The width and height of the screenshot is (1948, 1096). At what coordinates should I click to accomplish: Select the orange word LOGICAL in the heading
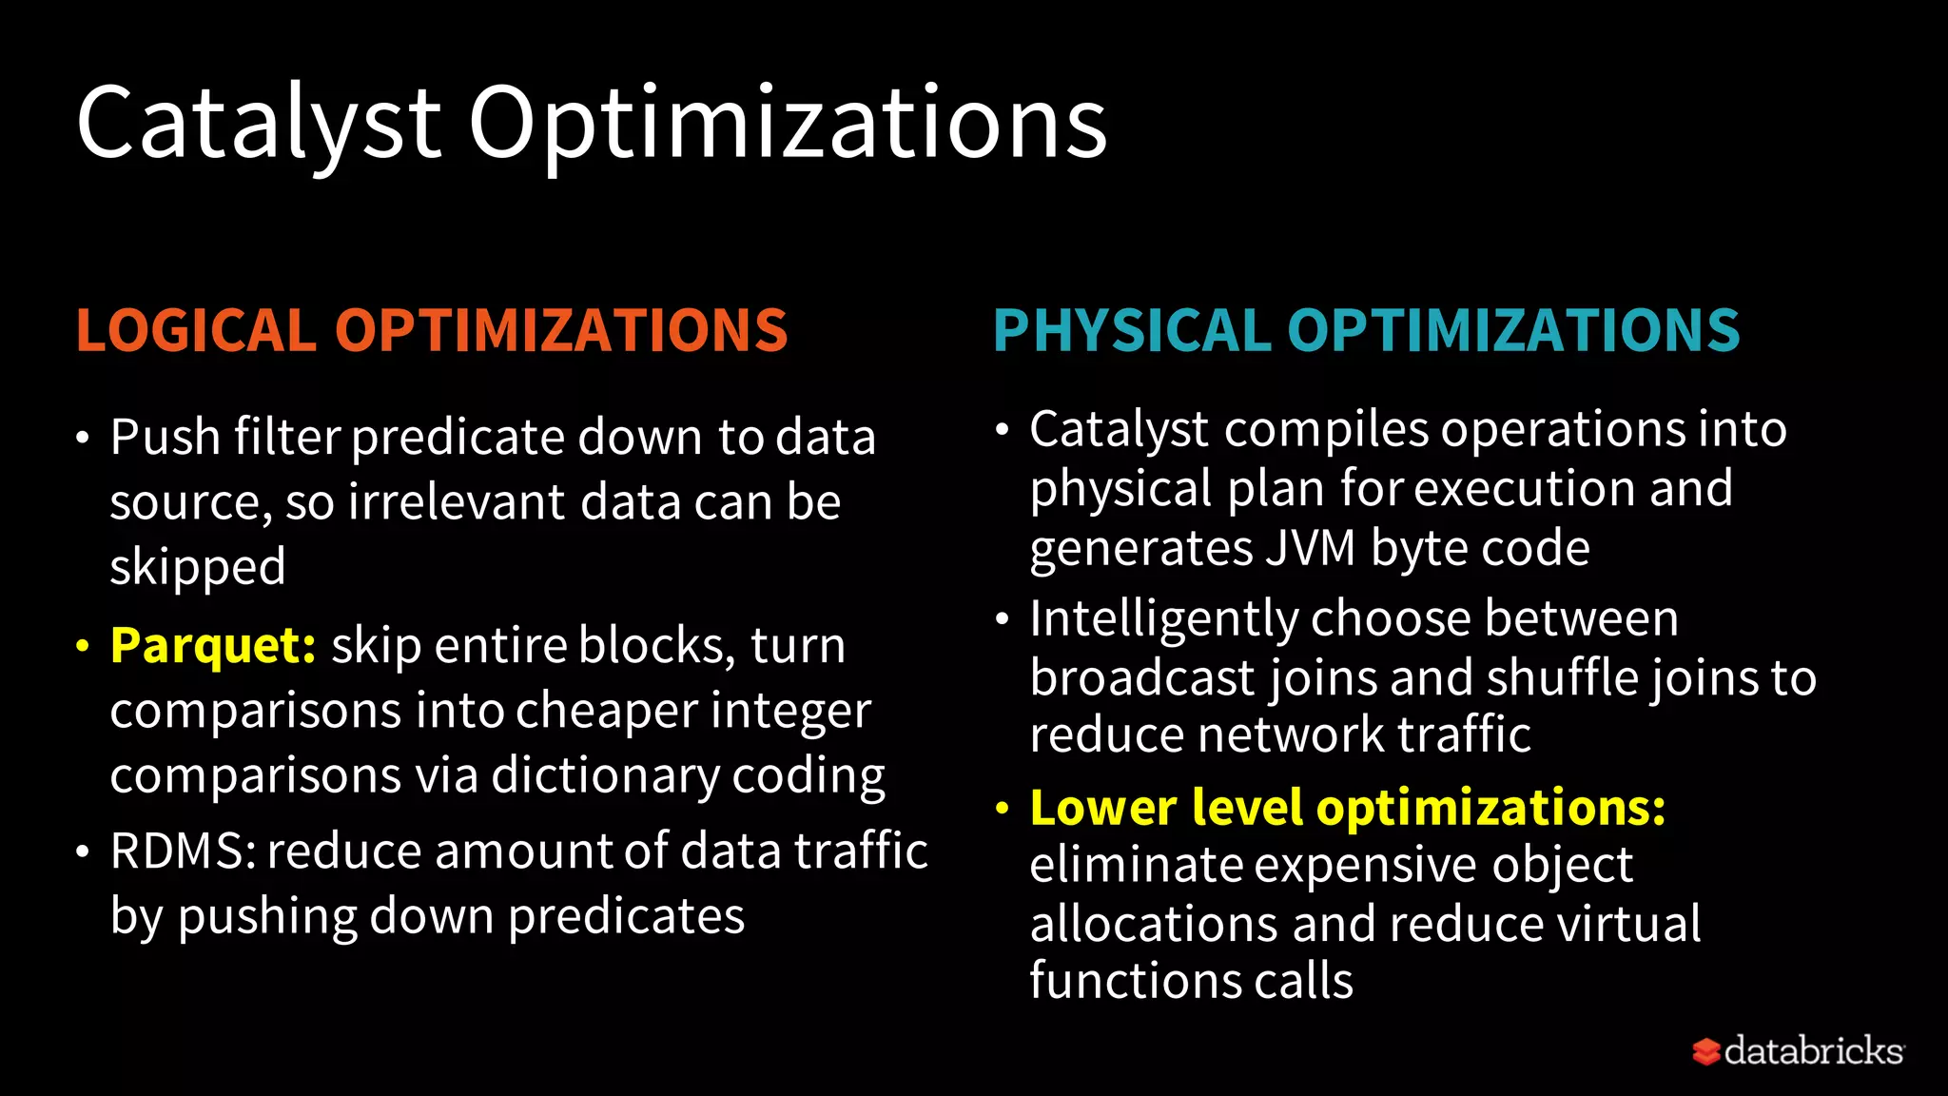[196, 330]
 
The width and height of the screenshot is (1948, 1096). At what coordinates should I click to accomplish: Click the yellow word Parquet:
[213, 646]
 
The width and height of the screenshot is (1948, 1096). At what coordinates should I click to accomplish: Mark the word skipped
[198, 568]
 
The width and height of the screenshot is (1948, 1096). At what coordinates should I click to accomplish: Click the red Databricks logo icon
[1705, 1051]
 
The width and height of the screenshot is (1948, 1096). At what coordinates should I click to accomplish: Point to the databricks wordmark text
[1813, 1051]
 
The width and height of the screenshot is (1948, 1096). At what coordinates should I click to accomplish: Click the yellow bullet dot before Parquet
[83, 647]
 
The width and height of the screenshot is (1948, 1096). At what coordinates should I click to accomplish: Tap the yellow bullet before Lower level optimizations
[1002, 809]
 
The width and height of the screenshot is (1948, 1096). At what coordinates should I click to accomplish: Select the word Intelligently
[1163, 619]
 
